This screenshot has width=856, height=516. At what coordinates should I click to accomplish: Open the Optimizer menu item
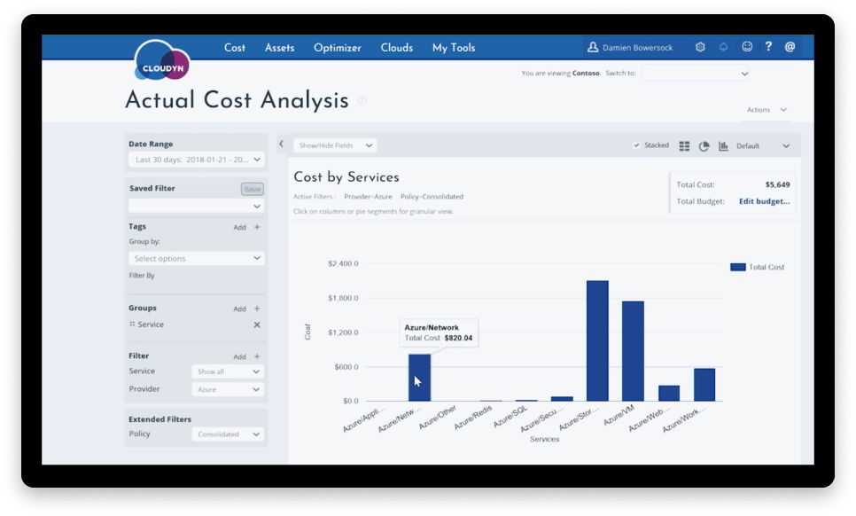click(338, 48)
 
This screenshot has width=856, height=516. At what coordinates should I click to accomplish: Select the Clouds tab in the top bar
click(397, 48)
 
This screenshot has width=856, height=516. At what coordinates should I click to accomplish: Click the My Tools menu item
click(454, 48)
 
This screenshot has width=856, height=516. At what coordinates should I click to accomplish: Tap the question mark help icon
click(768, 47)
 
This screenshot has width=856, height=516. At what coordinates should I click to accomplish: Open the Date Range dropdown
click(196, 160)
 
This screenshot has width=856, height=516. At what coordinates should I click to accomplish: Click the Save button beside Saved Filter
click(252, 189)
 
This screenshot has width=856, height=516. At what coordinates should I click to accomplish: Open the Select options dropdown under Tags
click(196, 258)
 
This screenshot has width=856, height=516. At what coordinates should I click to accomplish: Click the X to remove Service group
click(257, 324)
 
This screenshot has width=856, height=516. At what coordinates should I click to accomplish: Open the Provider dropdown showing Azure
click(228, 389)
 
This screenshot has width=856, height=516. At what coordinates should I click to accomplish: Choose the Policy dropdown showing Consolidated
click(228, 434)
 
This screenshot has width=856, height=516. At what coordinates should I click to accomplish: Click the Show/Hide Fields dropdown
click(335, 145)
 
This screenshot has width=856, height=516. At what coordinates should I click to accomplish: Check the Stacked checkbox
click(636, 145)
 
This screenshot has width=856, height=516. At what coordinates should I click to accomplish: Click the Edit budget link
click(764, 201)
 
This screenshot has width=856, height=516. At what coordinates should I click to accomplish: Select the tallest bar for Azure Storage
click(597, 341)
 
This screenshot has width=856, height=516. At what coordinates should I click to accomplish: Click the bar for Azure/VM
click(633, 351)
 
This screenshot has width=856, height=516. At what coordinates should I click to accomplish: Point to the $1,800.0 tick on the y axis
click(343, 298)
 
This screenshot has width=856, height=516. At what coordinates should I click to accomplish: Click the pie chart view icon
click(704, 146)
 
